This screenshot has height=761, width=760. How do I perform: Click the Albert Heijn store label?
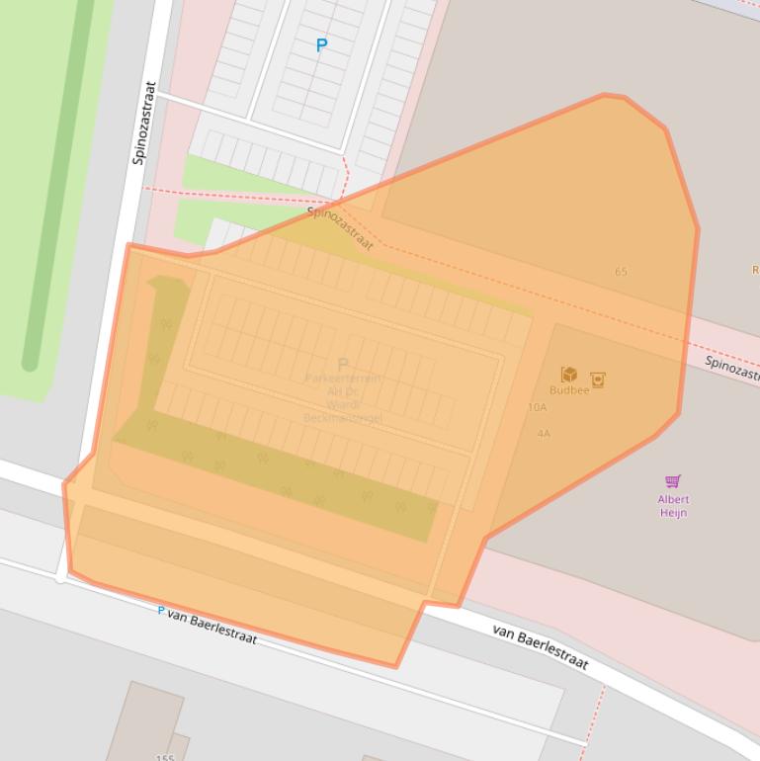673,506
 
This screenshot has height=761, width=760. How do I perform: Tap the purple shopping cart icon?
673,481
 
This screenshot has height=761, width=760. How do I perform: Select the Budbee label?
569,390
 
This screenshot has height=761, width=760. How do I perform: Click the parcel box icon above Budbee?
569,375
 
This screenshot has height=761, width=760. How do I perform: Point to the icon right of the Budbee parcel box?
597,380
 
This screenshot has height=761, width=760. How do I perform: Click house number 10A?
537,407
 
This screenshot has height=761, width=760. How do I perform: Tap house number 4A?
544,434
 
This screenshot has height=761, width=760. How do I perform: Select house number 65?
621,272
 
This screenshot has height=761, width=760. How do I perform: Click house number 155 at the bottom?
165,757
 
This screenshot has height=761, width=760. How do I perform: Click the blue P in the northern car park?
321,45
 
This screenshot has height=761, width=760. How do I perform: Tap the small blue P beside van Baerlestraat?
161,611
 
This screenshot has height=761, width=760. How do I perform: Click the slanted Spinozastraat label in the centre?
340,227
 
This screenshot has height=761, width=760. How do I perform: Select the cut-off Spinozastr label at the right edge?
731,370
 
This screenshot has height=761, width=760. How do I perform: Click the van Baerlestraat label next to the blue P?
212,627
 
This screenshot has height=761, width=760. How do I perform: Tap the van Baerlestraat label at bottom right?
540,647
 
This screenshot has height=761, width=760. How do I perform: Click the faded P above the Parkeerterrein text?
343,365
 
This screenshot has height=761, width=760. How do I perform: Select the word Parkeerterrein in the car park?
343,379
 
